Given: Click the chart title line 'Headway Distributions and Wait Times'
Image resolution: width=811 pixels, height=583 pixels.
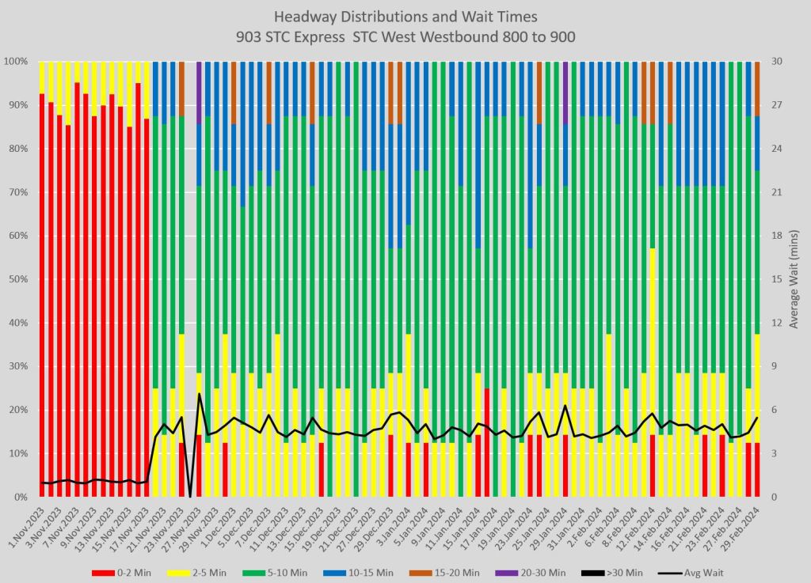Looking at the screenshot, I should [x=405, y=17].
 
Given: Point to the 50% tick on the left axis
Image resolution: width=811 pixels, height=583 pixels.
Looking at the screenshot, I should [x=20, y=279].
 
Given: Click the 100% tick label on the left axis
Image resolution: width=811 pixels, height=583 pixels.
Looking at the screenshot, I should [x=17, y=62].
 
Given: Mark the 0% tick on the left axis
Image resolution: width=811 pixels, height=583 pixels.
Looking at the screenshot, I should [x=23, y=497].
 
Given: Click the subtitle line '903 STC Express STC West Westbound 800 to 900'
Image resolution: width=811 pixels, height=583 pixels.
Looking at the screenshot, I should [x=405, y=36].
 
